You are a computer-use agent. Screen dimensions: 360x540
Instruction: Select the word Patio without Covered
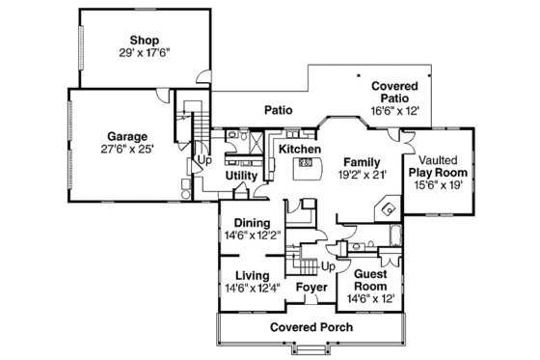(x=280, y=111)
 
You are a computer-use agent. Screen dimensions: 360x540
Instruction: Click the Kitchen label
(x=299, y=151)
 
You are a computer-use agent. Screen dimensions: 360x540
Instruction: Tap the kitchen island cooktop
(x=306, y=165)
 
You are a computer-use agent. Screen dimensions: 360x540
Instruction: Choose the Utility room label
(x=241, y=176)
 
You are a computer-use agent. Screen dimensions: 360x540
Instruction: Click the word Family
(x=362, y=161)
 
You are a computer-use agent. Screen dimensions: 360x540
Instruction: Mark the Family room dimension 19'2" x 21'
(x=362, y=175)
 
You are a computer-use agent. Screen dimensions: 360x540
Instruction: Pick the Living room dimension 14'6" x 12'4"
(x=251, y=288)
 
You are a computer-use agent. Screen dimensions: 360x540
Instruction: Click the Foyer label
(x=310, y=288)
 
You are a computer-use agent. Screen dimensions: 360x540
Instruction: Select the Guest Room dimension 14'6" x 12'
(x=370, y=298)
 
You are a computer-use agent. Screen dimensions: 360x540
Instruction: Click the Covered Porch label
(x=310, y=328)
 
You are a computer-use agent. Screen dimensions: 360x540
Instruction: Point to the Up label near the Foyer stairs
(x=328, y=265)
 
